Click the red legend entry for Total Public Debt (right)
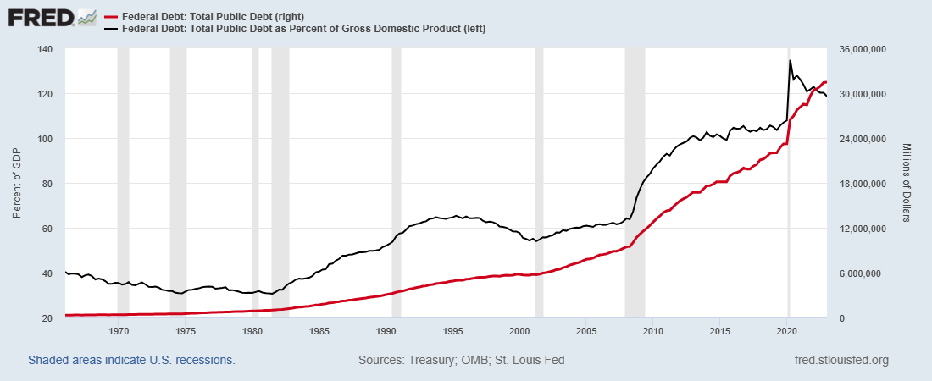tap(212, 17)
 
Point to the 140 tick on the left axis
tap(43, 49)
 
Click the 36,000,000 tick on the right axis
tap(861, 49)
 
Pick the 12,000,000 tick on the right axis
tap(861, 229)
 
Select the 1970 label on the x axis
tap(119, 330)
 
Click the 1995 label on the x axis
tap(452, 330)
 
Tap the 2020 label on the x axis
tap(787, 330)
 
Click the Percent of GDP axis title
tap(17, 184)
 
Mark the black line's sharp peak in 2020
tap(791, 60)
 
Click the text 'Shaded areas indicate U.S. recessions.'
tap(131, 360)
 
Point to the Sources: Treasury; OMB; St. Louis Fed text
tap(462, 360)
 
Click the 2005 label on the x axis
tap(586, 330)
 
